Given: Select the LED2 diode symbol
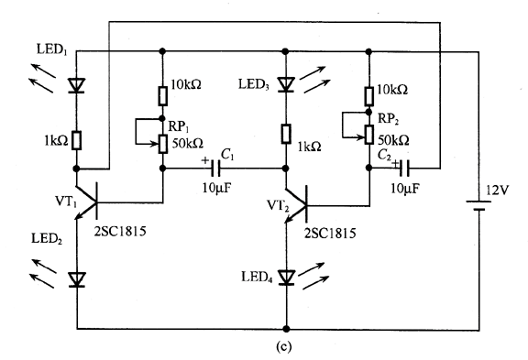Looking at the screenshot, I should click(x=77, y=278).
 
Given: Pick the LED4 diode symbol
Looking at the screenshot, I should click(x=287, y=275).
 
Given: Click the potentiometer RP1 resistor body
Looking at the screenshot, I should click(x=163, y=143).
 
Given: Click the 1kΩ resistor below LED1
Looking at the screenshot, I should click(x=77, y=139).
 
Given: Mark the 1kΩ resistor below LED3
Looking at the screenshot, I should click(x=287, y=135).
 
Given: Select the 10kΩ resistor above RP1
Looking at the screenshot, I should click(x=163, y=93).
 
